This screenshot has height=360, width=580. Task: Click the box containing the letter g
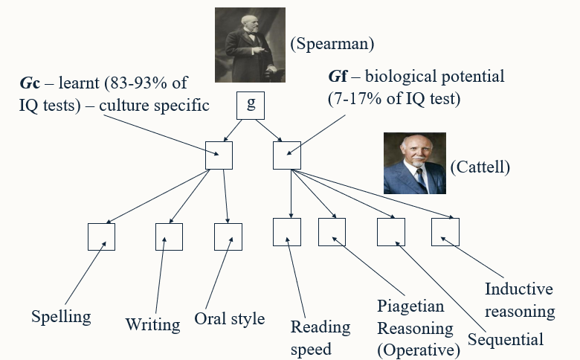251,105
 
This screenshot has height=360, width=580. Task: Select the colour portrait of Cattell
414,164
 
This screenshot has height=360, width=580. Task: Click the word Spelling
61,317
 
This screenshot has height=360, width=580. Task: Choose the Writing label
152,324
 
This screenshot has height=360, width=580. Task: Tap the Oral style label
229,319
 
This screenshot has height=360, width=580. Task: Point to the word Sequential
506,340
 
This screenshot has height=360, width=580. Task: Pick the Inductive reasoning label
519,300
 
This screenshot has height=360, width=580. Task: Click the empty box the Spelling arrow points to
101,237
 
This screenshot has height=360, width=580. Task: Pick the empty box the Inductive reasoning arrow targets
445,232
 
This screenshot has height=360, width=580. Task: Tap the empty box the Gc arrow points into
219,155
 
